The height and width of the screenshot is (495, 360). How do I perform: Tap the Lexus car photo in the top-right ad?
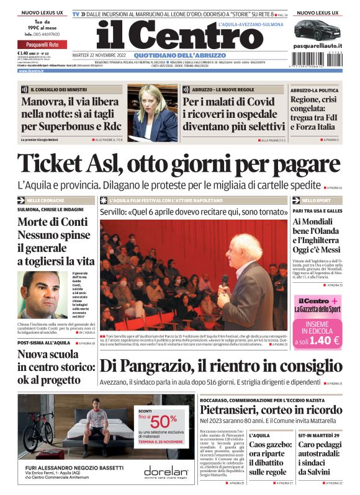[317, 30]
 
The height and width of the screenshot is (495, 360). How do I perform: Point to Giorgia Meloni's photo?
[153, 113]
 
